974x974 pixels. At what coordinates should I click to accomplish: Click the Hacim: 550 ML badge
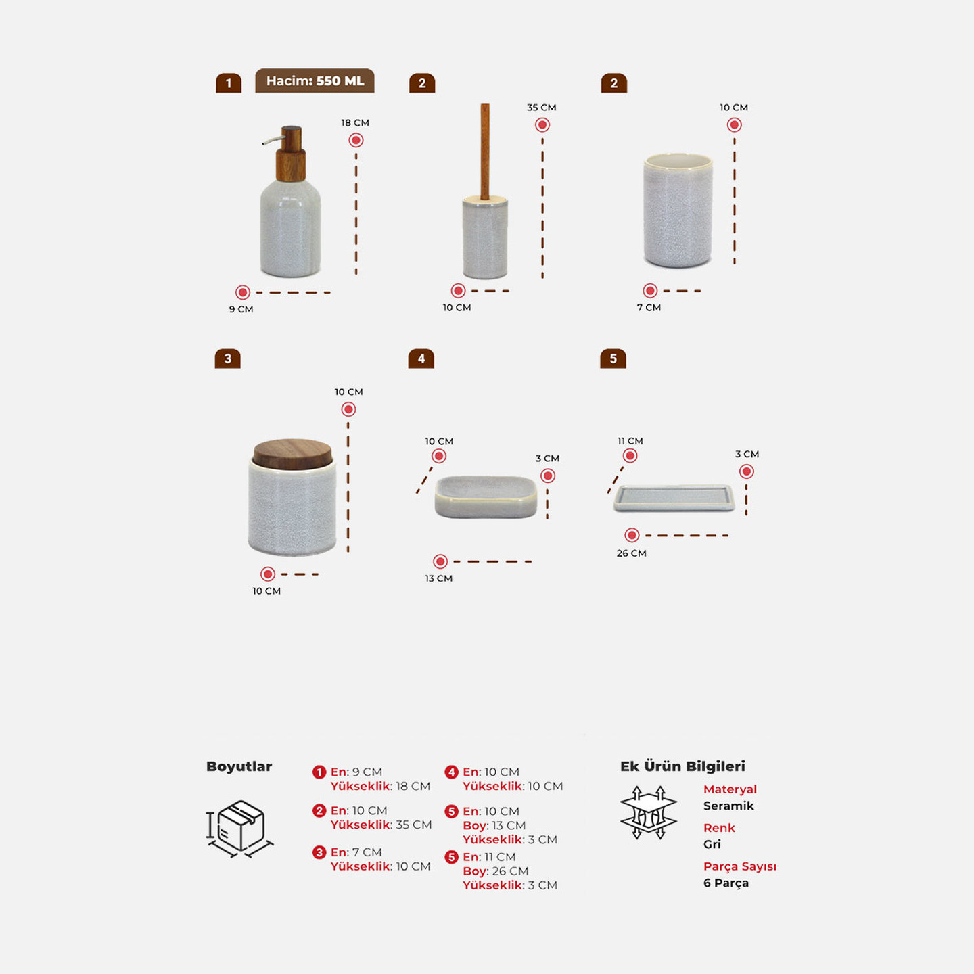(315, 81)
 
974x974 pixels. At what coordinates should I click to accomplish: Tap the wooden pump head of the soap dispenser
(290, 154)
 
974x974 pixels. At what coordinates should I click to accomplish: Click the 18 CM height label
(355, 123)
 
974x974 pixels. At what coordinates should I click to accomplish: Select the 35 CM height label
(541, 108)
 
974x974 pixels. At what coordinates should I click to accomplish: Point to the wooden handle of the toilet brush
(485, 151)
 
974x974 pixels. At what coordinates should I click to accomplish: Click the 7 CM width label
(649, 307)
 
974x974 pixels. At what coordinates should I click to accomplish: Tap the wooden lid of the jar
(293, 454)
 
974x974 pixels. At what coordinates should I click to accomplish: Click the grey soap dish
(486, 496)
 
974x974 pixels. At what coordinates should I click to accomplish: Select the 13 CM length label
(438, 578)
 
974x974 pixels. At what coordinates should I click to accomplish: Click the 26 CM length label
(631, 553)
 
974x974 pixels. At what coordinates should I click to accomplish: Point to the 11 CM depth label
(630, 441)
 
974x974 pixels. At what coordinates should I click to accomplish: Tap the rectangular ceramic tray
(674, 498)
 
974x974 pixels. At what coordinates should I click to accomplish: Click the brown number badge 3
(227, 358)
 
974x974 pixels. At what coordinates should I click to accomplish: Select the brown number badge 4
(421, 358)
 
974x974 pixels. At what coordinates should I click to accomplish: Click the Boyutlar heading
(239, 766)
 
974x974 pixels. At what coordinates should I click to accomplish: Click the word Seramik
(728, 806)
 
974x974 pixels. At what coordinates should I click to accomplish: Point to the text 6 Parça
(726, 883)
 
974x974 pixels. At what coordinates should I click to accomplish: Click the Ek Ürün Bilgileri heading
(682, 766)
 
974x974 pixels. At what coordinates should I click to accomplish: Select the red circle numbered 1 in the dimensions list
(319, 772)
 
